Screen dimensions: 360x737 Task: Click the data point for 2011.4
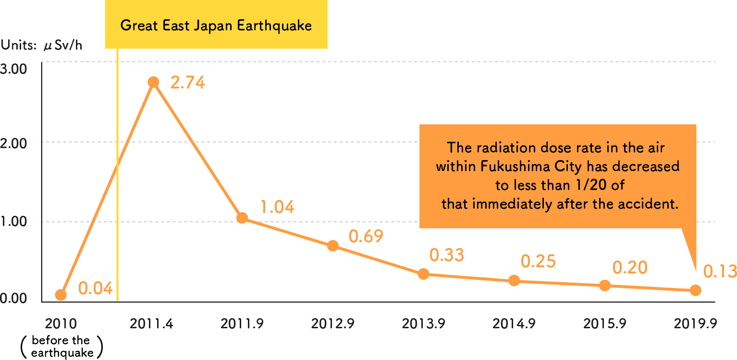click(x=153, y=82)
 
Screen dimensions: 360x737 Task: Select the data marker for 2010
click(x=61, y=295)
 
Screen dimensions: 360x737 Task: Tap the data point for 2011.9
click(x=242, y=218)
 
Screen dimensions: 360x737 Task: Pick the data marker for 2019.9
click(x=695, y=290)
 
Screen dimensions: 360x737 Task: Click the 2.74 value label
click(x=188, y=83)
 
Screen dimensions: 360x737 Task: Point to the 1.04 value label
click(x=277, y=207)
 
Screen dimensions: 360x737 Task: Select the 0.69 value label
click(x=366, y=236)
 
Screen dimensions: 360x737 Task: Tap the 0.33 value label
click(x=447, y=255)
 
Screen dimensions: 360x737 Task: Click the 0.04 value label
click(x=96, y=289)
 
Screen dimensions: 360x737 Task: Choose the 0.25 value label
click(x=538, y=261)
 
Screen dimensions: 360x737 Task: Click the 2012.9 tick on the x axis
click(x=333, y=324)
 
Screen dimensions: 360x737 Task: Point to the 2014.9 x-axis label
click(x=514, y=324)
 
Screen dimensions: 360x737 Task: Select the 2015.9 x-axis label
click(x=604, y=324)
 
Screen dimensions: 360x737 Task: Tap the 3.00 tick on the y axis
click(x=13, y=69)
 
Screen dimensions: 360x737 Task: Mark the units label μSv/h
click(x=62, y=46)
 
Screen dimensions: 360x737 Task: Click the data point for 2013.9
click(x=423, y=274)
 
